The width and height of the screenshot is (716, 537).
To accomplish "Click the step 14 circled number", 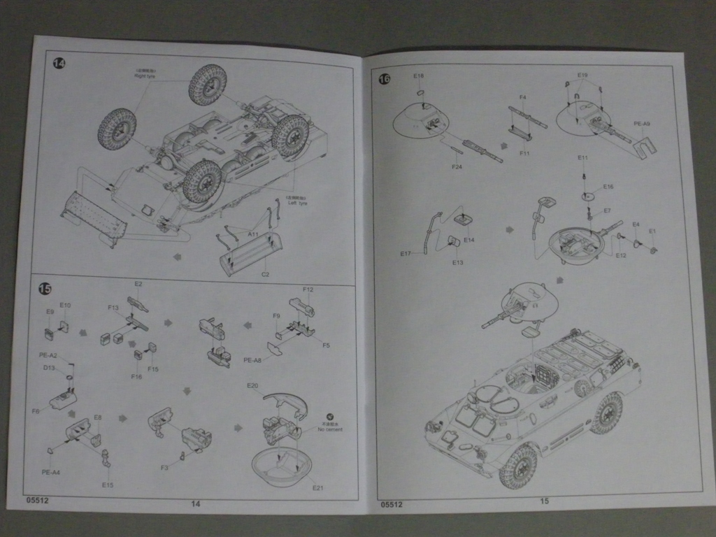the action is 59,64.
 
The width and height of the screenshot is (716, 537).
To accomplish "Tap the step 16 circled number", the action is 384,79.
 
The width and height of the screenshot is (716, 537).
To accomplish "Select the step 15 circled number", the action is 45,288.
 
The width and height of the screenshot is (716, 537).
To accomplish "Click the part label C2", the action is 265,275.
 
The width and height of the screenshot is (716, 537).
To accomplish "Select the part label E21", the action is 318,488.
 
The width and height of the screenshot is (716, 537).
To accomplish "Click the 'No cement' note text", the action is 330,429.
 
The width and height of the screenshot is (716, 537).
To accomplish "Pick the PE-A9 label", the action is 642,124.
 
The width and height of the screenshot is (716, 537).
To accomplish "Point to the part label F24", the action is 457,166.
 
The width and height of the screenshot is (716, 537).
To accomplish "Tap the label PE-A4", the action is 50,472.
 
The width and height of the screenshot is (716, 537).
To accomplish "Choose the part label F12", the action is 308,289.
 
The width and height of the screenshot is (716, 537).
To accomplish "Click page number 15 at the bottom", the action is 544,501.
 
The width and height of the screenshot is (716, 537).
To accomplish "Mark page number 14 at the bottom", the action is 196,503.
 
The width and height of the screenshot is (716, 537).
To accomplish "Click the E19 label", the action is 582,75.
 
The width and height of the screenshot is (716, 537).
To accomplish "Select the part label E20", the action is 252,385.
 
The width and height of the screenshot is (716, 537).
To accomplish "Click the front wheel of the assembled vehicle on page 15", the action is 518,466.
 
